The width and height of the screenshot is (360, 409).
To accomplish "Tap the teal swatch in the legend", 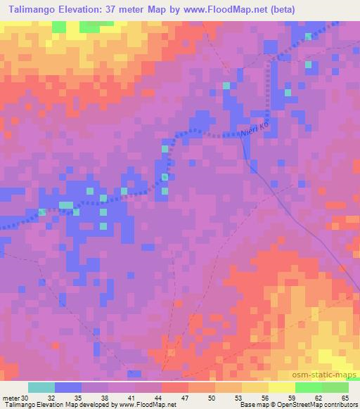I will (x=41, y=387).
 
